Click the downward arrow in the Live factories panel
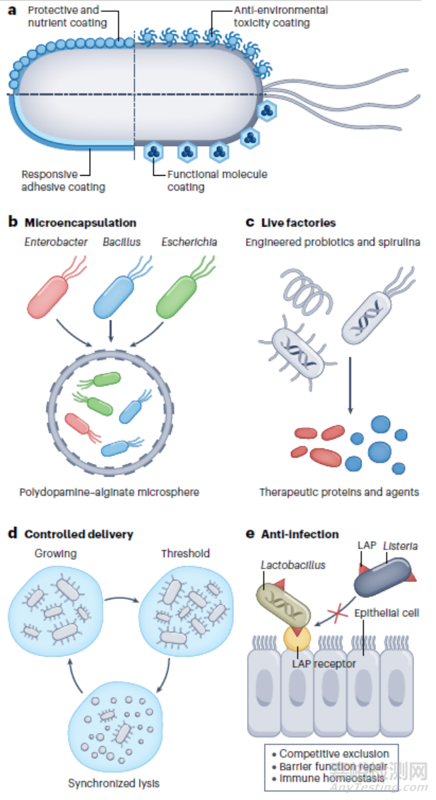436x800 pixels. pos(350,381)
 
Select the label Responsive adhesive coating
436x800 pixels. pos(63,181)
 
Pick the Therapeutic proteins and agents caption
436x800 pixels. pos(338,491)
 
